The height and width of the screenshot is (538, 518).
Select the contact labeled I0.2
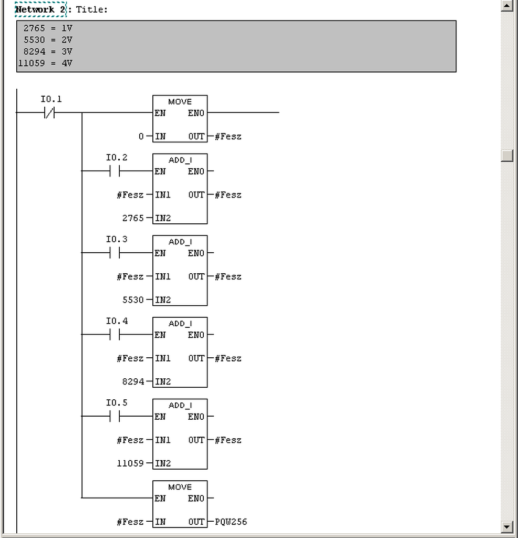[x=115, y=171]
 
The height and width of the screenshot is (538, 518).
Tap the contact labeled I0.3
[x=115, y=253]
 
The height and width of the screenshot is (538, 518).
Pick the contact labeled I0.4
[x=115, y=335]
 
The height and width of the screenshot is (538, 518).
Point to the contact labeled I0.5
[x=115, y=417]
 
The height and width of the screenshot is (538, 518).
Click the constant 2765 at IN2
[x=133, y=218]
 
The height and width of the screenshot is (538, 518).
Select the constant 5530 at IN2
[x=133, y=300]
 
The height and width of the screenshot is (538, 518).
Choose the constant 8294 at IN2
[x=133, y=382]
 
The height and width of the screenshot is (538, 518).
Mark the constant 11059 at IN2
[x=130, y=463]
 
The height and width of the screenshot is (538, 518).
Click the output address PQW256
[x=231, y=522]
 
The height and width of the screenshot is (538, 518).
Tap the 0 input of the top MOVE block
[x=141, y=137]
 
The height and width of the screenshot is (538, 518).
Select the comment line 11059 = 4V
[x=45, y=63]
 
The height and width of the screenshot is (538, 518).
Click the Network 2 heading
[x=40, y=9]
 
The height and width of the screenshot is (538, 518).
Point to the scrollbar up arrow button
[x=506, y=6]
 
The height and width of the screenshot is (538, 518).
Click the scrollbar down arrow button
[x=506, y=527]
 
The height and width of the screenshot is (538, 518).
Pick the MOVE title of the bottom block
[x=180, y=487]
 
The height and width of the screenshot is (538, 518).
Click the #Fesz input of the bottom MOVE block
[x=130, y=522]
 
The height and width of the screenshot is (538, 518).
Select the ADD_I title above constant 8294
[x=180, y=324]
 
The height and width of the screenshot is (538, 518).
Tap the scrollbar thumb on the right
[x=506, y=156]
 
